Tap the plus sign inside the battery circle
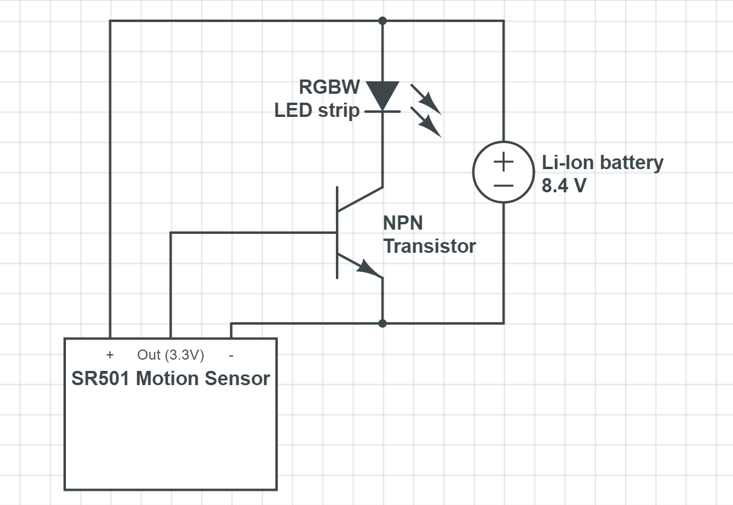[503, 161]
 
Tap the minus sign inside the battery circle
[503, 186]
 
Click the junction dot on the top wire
[382, 21]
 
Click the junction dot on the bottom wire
[382, 323]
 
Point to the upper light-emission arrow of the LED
[426, 100]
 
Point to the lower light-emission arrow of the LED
[426, 122]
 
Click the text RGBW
[329, 87]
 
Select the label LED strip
[317, 110]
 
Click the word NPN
[403, 223]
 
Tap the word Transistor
[429, 246]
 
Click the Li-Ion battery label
[602, 163]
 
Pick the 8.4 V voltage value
[564, 186]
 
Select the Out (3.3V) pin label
[170, 355]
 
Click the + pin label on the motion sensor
[110, 355]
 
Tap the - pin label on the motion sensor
[231, 355]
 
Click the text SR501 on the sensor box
[100, 379]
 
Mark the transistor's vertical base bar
[337, 233]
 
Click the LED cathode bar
[382, 112]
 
